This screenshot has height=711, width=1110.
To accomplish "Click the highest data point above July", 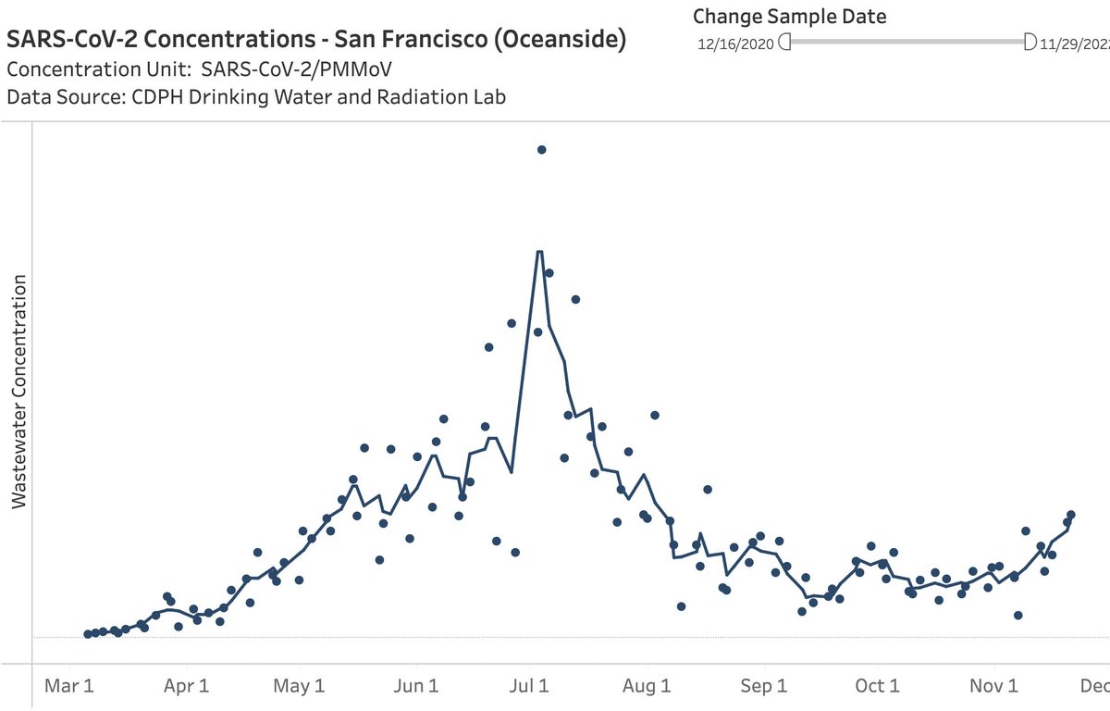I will coord(542,149).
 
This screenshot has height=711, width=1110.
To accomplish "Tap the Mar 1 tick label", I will coord(69,686).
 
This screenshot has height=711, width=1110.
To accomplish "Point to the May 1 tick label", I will coord(301,686).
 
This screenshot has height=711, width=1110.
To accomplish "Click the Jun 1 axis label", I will coord(415,686).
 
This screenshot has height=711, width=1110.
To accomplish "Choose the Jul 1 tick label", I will coord(530,686).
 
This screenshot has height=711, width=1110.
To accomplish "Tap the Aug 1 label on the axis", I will coord(647,686).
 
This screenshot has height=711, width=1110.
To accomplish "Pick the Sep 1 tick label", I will coord(763,686).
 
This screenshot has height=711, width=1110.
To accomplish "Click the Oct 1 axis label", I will coord(877,686).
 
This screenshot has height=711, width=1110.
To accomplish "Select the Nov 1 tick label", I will coord(993,686).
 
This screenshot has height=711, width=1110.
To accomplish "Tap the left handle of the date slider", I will coord(785,42).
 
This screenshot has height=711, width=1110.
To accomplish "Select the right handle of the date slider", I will coord(1030,42).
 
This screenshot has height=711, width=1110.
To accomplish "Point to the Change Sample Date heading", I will coord(789,16).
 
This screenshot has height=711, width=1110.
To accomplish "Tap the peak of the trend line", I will coord(538,251).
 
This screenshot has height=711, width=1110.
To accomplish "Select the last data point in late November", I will coord(1071,515).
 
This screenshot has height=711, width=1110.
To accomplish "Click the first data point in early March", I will coord(88,634).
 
